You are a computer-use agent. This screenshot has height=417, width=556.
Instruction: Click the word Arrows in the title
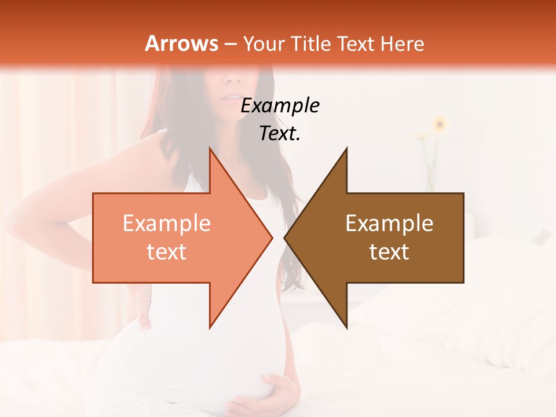point(181,43)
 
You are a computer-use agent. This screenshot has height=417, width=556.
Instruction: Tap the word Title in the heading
point(315,43)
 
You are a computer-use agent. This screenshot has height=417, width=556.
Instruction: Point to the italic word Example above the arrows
point(280,106)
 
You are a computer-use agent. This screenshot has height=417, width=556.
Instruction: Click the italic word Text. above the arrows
point(280,133)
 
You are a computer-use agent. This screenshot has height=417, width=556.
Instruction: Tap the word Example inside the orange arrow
point(166,224)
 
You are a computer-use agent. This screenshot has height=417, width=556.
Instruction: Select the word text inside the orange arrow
point(166,252)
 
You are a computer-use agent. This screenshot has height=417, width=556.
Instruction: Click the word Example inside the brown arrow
point(389,224)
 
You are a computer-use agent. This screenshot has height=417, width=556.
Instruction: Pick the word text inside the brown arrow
point(389,252)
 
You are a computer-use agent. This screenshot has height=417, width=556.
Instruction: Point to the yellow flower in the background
point(440,123)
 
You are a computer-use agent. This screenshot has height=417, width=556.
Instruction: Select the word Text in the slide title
point(354,43)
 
